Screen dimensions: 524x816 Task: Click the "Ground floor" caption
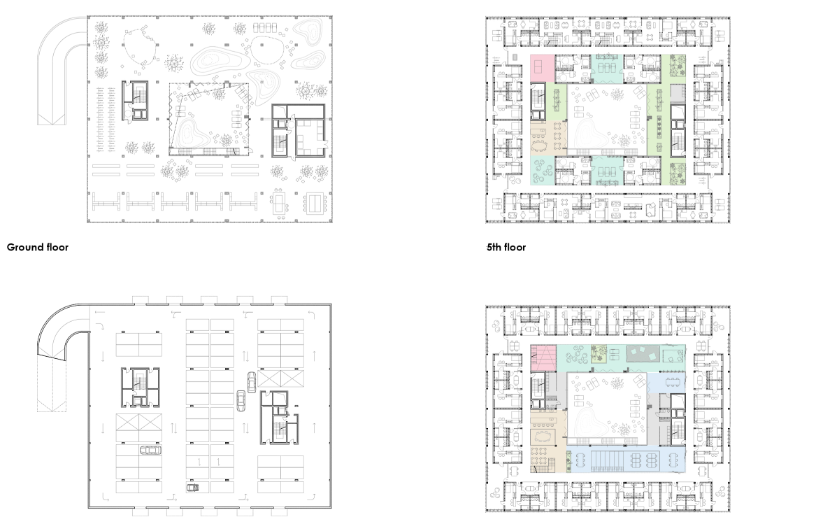click(x=38, y=247)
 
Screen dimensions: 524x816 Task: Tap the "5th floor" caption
click(x=506, y=247)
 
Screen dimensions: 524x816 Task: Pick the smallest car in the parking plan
click(x=192, y=488)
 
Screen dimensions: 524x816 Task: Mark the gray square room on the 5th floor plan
click(x=676, y=94)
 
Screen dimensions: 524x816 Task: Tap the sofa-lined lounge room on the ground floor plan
click(x=308, y=138)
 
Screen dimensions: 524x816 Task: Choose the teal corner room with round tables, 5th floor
click(x=543, y=171)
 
